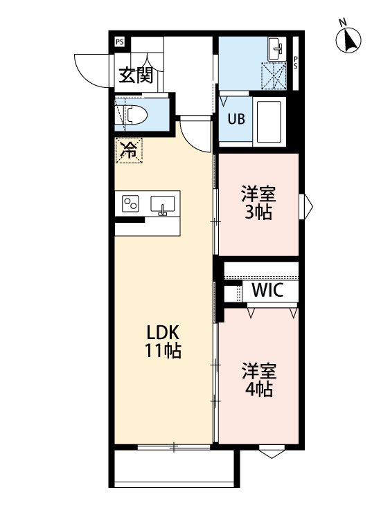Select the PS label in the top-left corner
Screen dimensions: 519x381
pos(120,42)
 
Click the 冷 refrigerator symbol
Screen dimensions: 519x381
pos(129,150)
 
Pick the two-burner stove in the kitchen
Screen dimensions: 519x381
pos(130,203)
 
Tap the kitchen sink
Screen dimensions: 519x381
pos(163,205)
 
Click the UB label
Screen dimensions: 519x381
pos(236,118)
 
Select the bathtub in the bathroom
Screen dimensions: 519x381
pos(270,122)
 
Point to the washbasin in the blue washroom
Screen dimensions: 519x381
pos(276,48)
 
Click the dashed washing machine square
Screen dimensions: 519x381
pos(274,75)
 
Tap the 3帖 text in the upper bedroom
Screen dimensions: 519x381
pos(258,212)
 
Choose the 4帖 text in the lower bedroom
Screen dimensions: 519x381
pos(258,389)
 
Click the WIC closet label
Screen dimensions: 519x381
pos(267,291)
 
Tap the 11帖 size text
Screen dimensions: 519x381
pos(163,351)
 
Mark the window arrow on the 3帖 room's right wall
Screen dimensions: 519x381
pos(307,205)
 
